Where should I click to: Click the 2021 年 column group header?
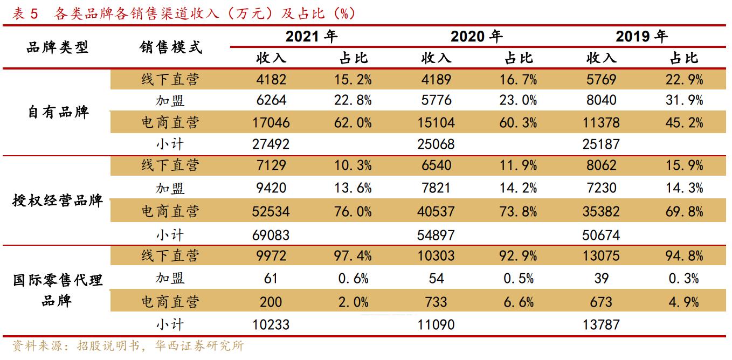coord(311,37)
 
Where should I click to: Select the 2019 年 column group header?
coord(641,37)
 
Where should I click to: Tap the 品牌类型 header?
coord(58,47)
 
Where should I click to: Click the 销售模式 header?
coord(170,47)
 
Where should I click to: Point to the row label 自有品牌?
coord(58,112)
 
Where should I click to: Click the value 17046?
coord(271,123)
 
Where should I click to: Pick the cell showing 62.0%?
coord(354,123)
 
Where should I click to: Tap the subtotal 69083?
coord(271,236)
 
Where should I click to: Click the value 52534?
coord(271,211)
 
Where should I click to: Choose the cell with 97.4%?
coord(354,255)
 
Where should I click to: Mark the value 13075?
coord(602,255)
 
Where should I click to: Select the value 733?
coord(436,302)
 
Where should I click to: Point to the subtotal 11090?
coord(436,325)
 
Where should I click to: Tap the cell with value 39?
coord(602,279)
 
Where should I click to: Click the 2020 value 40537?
coord(436,211)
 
